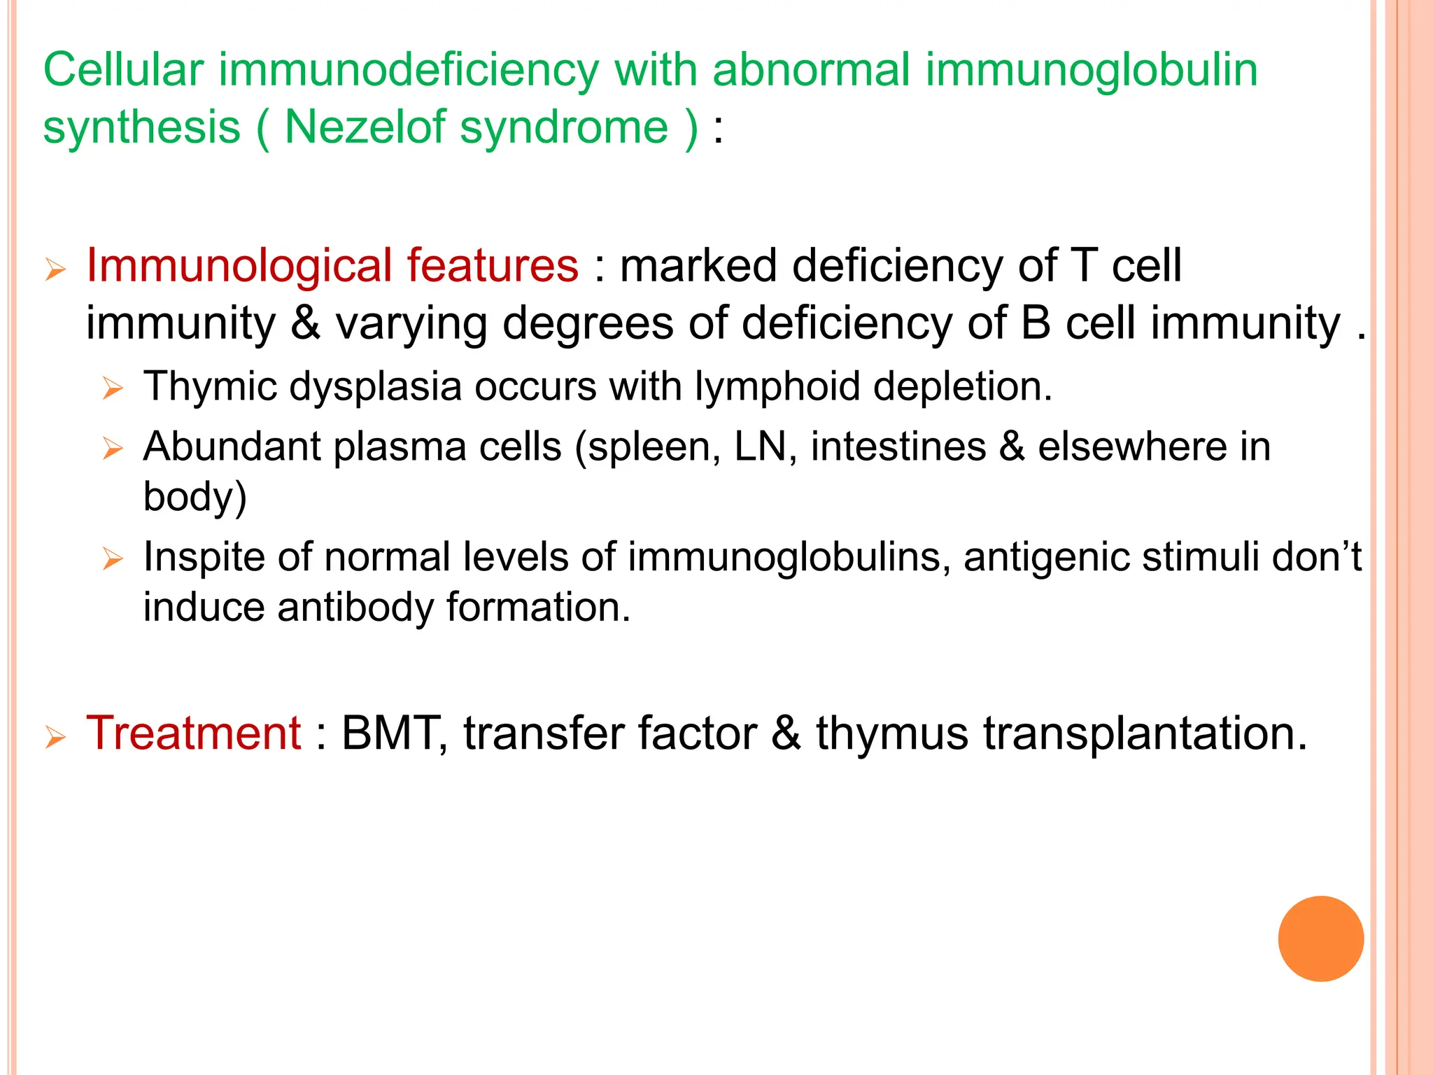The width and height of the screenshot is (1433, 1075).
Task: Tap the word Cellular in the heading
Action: click(x=123, y=70)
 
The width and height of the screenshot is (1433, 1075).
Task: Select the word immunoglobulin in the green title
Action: click(x=1092, y=70)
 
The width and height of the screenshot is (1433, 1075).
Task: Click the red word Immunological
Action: click(x=238, y=266)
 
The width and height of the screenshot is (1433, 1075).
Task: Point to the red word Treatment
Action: click(x=193, y=733)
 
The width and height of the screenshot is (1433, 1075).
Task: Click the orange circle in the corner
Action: click(x=1320, y=939)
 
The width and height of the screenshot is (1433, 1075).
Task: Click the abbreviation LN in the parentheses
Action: click(x=765, y=447)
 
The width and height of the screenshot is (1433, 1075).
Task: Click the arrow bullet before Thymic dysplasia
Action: click(x=112, y=388)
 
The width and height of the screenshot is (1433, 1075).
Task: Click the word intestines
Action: click(x=898, y=447)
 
